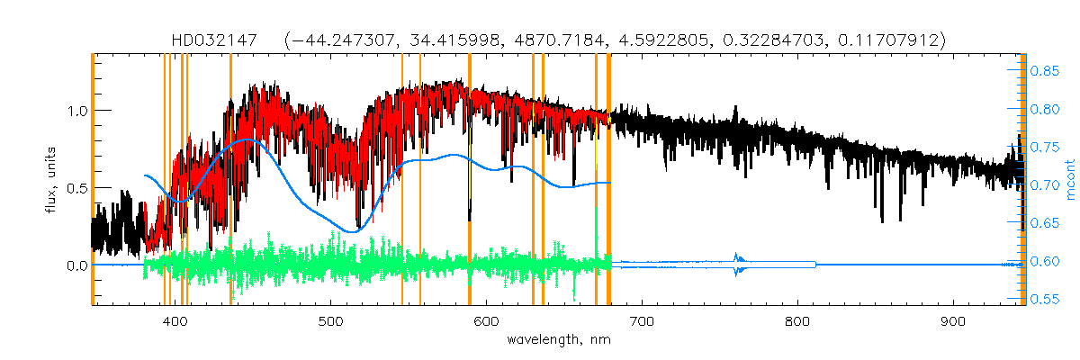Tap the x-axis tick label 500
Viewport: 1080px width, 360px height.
click(331, 321)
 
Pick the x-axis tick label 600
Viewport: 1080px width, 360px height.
click(487, 321)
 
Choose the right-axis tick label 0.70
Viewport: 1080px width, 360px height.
click(1045, 184)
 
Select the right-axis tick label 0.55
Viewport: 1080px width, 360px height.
click(1045, 299)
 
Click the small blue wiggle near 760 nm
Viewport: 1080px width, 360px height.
click(738, 263)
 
